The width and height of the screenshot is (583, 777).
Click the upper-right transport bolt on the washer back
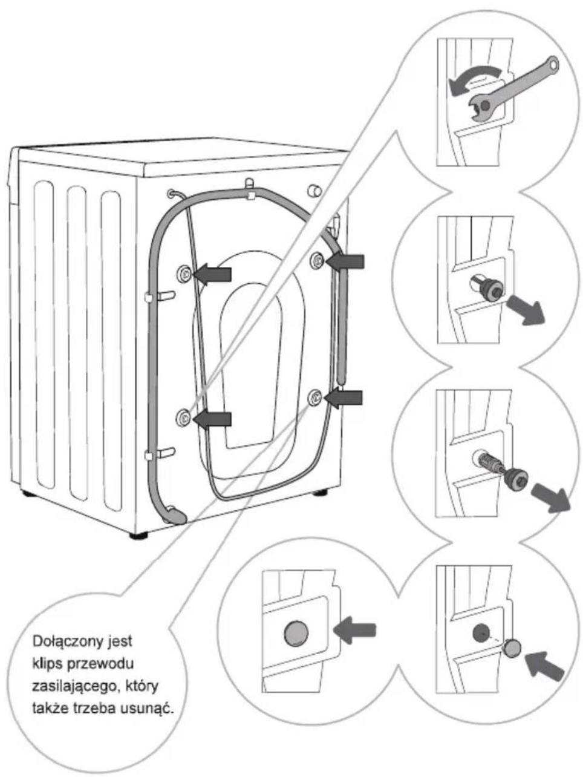coord(318,261)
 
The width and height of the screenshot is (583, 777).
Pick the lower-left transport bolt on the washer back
coord(183,418)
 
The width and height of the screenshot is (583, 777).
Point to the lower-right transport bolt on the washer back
coord(315,398)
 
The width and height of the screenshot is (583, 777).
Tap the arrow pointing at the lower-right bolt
coord(343,398)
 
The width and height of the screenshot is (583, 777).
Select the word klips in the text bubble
coord(47,664)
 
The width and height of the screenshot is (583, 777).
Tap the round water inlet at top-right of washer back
coord(314,191)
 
